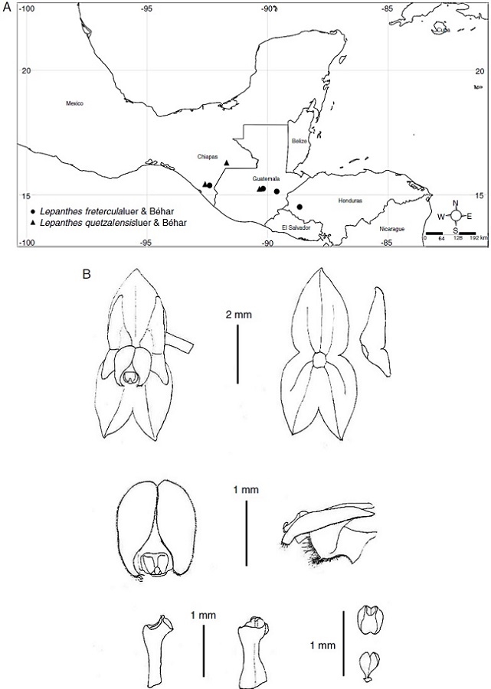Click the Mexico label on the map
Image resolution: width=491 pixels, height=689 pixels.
pyautogui.click(x=74, y=103)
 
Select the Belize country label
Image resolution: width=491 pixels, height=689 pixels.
pyautogui.click(x=299, y=142)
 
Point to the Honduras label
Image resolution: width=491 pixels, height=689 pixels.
pyautogui.click(x=349, y=201)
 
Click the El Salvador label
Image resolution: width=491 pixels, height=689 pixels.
pyautogui.click(x=294, y=227)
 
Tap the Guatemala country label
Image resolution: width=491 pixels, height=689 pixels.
pyautogui.click(x=265, y=178)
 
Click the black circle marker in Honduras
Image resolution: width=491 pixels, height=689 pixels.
pyautogui.click(x=300, y=206)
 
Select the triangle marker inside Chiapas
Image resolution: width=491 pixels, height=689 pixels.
pyautogui.click(x=226, y=163)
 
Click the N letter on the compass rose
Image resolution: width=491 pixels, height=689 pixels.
pyautogui.click(x=456, y=204)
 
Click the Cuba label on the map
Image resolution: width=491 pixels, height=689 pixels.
pyautogui.click(x=441, y=31)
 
